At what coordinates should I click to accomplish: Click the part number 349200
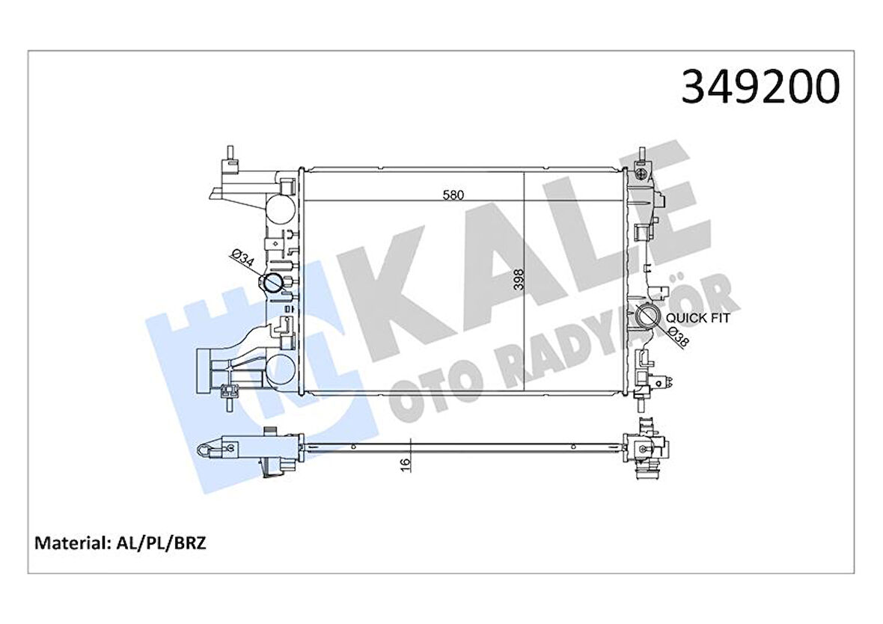(760, 87)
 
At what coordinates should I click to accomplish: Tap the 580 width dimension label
(453, 195)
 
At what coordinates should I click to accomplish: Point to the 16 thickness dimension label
(405, 465)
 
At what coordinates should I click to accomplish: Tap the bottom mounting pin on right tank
(642, 404)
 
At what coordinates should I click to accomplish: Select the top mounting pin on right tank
(642, 153)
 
